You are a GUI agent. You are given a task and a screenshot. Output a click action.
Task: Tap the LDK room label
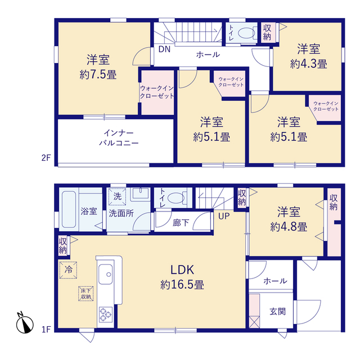(x=182, y=270)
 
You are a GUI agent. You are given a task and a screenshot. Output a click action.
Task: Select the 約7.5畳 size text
(x=98, y=75)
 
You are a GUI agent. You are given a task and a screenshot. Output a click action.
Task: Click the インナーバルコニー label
(x=119, y=138)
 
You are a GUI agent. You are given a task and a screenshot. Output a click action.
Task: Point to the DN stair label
(x=164, y=49)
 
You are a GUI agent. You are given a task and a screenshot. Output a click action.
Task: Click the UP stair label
(x=224, y=216)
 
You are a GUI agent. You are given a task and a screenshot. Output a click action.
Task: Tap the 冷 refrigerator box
(x=68, y=270)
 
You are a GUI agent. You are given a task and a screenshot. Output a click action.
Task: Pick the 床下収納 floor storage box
(x=86, y=294)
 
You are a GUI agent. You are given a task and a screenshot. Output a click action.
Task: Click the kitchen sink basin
(x=105, y=274)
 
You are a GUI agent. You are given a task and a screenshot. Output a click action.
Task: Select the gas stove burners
(x=106, y=314)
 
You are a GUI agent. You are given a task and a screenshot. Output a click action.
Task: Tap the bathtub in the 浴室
(x=69, y=209)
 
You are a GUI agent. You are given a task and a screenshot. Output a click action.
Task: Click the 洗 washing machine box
(x=117, y=196)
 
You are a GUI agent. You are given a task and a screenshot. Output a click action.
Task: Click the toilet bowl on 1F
(x=176, y=197)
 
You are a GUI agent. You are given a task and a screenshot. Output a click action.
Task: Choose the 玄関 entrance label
(x=277, y=312)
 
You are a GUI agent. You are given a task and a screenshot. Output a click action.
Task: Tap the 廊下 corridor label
(x=181, y=223)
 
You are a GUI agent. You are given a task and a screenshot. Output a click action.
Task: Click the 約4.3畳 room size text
(x=309, y=64)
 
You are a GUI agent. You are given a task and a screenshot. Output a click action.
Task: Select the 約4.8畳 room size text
(x=289, y=227)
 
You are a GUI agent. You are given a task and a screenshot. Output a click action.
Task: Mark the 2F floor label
(x=46, y=157)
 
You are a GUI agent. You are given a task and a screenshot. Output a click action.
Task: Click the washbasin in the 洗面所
(x=140, y=194)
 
